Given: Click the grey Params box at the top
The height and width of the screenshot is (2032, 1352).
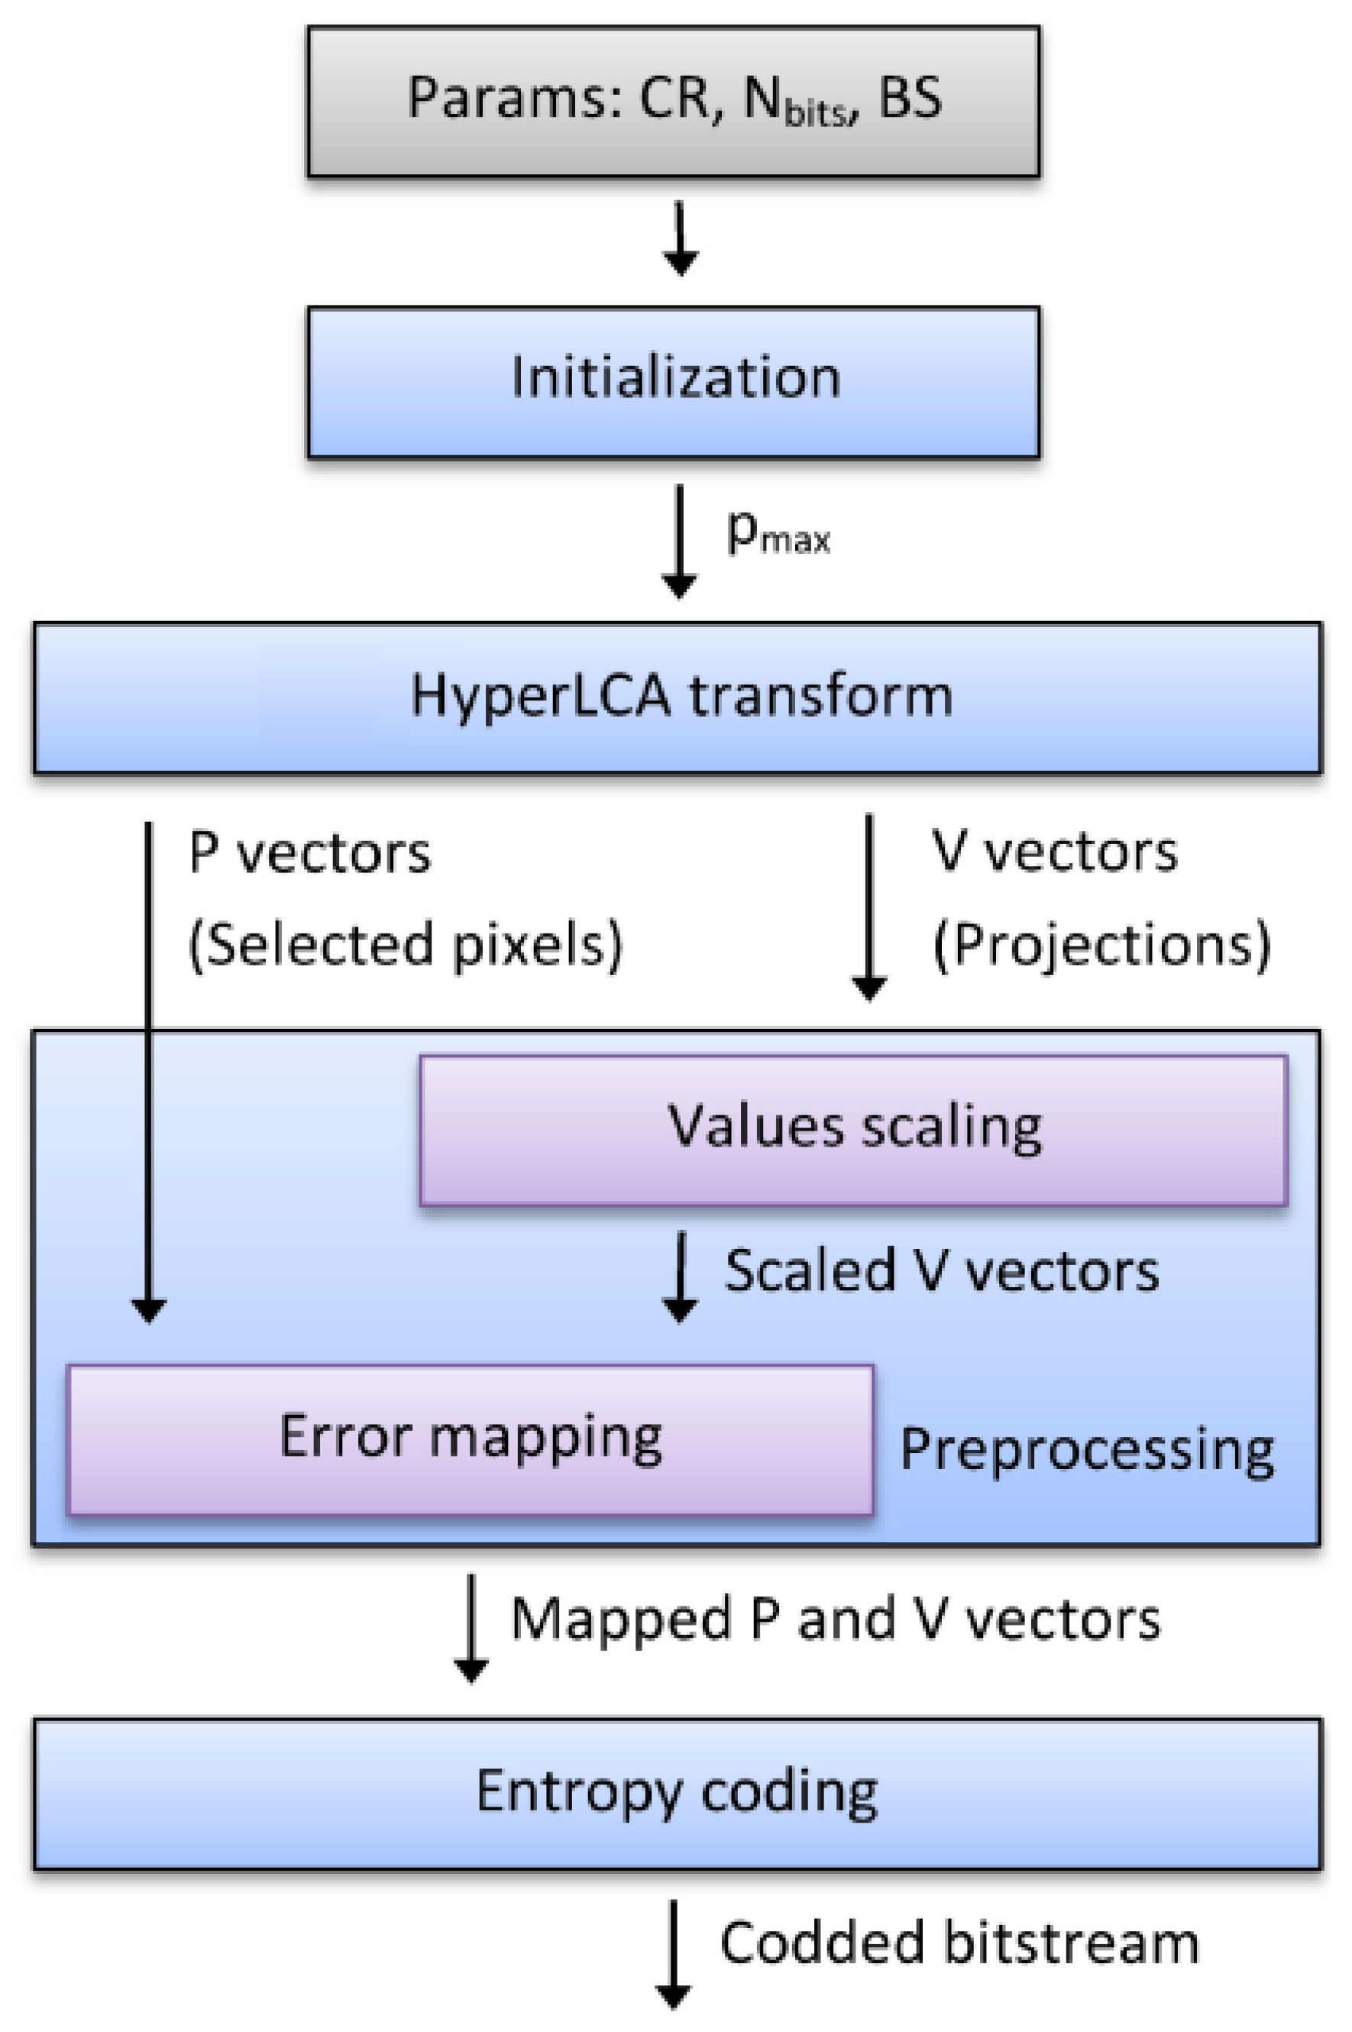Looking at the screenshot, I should click(674, 102).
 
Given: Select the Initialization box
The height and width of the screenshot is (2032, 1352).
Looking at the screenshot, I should click(674, 381).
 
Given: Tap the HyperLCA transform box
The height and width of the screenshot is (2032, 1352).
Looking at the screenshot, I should click(677, 697).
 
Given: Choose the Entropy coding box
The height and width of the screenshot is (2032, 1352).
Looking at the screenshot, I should click(677, 1792).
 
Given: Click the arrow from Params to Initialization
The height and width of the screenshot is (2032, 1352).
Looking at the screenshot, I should click(681, 238).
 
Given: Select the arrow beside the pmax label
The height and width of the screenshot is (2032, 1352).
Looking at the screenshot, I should click(680, 541).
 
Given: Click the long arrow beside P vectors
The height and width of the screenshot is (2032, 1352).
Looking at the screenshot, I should click(148, 1069).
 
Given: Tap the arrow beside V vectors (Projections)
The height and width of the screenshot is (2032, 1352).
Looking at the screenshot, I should click(869, 905).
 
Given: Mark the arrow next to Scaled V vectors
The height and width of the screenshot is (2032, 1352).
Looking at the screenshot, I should click(681, 1275).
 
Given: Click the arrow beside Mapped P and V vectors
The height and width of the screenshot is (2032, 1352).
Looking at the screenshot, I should click(471, 1627).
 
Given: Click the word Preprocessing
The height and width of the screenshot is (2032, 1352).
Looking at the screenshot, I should click(1086, 1451).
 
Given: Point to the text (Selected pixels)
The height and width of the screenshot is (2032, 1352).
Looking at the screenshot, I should click(406, 945).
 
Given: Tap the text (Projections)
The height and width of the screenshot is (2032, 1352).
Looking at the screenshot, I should click(1102, 945).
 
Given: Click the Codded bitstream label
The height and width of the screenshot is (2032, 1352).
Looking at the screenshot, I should click(959, 1943).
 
